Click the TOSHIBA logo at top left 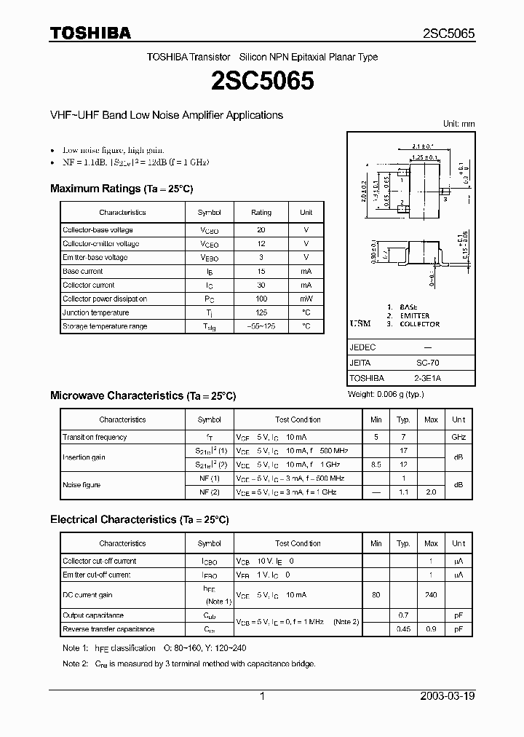[90, 33]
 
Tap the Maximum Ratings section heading [122, 189]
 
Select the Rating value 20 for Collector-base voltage [261, 230]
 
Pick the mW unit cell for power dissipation [306, 299]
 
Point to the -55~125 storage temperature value [261, 326]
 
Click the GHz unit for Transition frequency [458, 437]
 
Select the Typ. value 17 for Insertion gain [403, 451]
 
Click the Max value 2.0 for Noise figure [431, 492]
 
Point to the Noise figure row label [82, 485]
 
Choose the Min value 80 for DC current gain [376, 595]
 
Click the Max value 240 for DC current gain [431, 595]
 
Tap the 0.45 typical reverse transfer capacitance [403, 629]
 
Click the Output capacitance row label [93, 615]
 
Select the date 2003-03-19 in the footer [448, 696]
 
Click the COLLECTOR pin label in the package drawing [418, 324]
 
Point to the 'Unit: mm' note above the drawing [458, 124]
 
